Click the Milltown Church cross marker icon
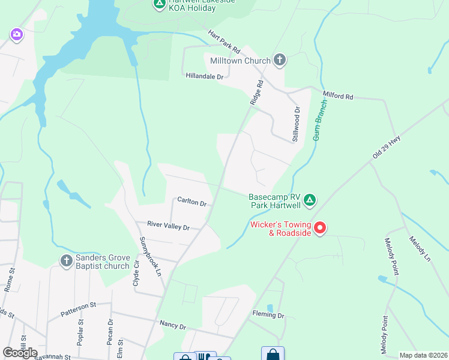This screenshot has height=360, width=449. pos(279,60)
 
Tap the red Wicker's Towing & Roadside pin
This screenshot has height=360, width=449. pos(320,227)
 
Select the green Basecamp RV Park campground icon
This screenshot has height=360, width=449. pos(309,200)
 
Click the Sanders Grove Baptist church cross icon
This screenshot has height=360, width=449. pos(67,260)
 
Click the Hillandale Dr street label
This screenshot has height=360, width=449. pos(204,77)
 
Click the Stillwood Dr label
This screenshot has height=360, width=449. pos(296,124)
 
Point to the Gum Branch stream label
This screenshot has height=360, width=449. pos(320,121)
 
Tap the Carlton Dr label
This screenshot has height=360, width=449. pos(191,202)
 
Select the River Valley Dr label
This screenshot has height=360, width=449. pos(169,226)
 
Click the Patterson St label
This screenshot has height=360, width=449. pos(78,309)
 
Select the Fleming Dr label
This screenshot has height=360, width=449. pos(268,315)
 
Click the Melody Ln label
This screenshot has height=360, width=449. pos(420,248)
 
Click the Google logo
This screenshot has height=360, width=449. pos(20,353)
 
